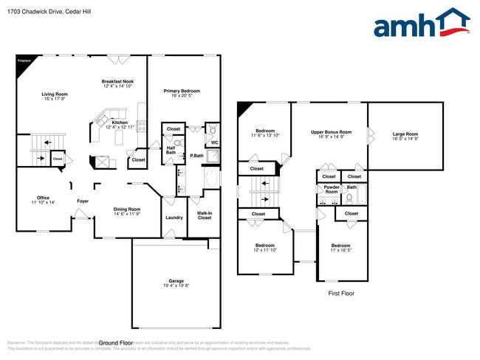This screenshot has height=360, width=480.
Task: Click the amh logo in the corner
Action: point(421,24)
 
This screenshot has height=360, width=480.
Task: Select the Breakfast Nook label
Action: point(117,83)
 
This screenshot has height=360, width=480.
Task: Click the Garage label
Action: point(176,283)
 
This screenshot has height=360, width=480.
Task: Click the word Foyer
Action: point(83,201)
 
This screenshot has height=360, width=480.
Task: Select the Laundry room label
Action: point(174,218)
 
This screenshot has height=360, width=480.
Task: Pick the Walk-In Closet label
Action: point(204,215)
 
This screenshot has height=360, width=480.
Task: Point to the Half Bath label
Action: point(171,150)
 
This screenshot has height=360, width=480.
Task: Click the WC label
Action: point(214,142)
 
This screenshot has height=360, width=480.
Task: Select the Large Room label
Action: point(405,136)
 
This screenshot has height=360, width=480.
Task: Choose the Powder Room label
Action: point(331,190)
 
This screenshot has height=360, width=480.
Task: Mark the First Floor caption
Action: point(341,294)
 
